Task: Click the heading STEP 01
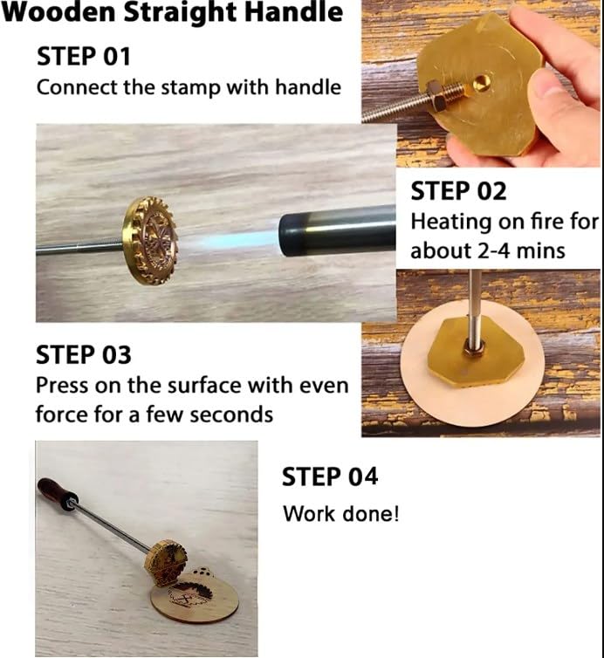[82, 57]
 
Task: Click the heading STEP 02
[458, 190]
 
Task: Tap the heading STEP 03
[83, 355]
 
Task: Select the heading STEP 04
[330, 476]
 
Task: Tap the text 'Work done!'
[340, 513]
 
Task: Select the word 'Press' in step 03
[62, 385]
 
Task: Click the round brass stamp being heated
[150, 240]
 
